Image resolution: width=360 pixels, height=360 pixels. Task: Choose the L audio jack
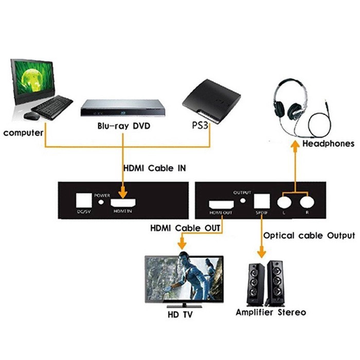[x=284, y=200]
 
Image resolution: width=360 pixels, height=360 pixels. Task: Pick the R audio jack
[x=308, y=200]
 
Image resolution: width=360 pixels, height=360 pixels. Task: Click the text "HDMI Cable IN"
[x=154, y=168]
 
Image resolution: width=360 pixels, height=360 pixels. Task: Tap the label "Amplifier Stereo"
[x=271, y=312]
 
